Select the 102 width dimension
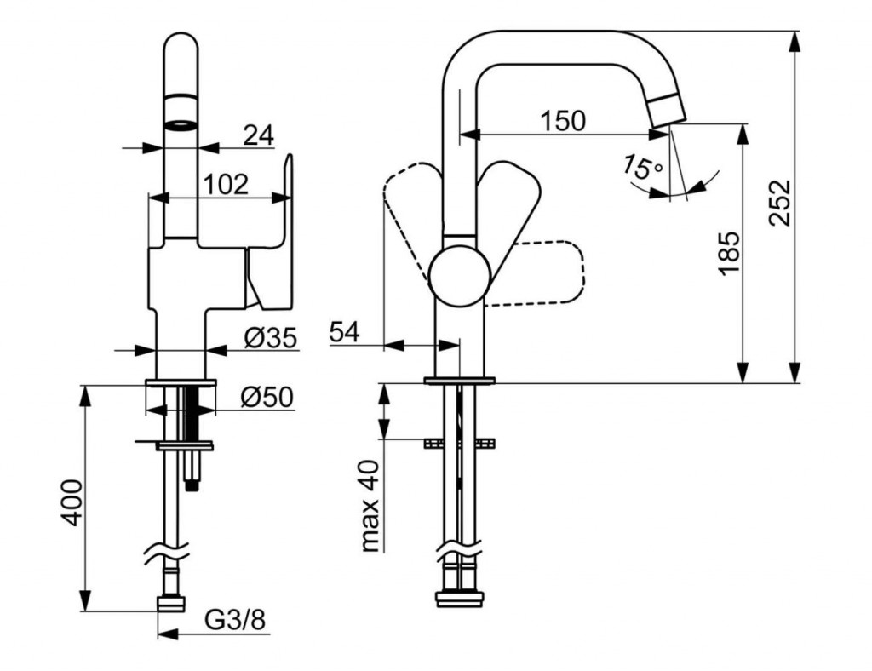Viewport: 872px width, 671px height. [227, 183]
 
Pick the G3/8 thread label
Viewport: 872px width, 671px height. [236, 621]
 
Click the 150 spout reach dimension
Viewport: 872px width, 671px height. [563, 121]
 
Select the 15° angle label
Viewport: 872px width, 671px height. [642, 167]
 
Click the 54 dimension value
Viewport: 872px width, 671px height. [346, 332]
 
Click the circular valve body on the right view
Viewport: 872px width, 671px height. [459, 275]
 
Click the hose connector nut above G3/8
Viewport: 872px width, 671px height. [171, 603]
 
